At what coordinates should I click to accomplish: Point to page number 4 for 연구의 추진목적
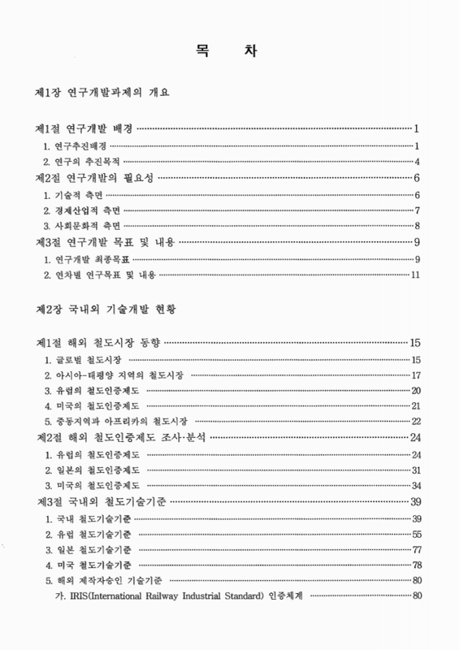tap(416, 162)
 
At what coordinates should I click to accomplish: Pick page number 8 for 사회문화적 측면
tap(416, 226)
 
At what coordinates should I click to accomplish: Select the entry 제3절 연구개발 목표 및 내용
tap(106, 242)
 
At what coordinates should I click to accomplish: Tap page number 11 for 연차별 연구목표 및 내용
tap(414, 275)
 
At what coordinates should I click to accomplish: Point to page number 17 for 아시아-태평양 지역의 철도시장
tap(414, 375)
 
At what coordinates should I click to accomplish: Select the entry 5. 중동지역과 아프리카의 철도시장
tap(117, 421)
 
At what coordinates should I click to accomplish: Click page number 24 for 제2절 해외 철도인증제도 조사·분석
tap(414, 437)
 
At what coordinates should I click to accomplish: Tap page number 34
tap(414, 486)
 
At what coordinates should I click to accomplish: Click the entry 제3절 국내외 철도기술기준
tap(97, 501)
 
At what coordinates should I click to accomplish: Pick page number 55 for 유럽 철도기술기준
tap(414, 534)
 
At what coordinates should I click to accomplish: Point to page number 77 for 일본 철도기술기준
tap(414, 550)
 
